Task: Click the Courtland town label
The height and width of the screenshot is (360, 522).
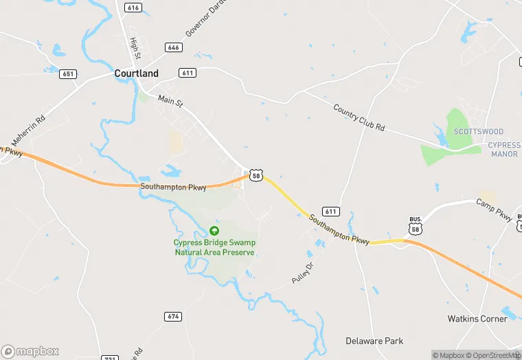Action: point(136,74)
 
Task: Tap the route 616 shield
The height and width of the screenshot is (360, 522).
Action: point(133,7)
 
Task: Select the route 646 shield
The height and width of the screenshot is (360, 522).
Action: point(173,47)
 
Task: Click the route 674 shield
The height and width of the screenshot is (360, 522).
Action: point(173,316)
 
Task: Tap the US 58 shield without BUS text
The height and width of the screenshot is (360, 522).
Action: point(256,176)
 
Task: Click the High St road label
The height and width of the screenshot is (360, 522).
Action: point(135,47)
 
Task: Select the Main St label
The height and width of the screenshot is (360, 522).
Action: point(171,102)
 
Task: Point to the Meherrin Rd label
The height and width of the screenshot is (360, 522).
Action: point(31,128)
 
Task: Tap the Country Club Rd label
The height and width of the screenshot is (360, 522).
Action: point(359,117)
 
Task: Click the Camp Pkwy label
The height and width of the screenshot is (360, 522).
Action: point(495,210)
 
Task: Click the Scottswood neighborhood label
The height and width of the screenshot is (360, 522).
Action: point(479,131)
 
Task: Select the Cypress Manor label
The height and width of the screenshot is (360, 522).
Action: point(505,150)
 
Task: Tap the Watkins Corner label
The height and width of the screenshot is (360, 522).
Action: point(477,319)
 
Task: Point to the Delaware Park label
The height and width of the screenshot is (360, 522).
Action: point(374,341)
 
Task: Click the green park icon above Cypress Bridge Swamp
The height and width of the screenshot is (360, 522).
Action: point(214,231)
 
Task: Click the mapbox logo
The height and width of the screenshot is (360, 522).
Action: point(30,351)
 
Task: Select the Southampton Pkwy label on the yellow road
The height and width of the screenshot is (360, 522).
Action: point(339,229)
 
